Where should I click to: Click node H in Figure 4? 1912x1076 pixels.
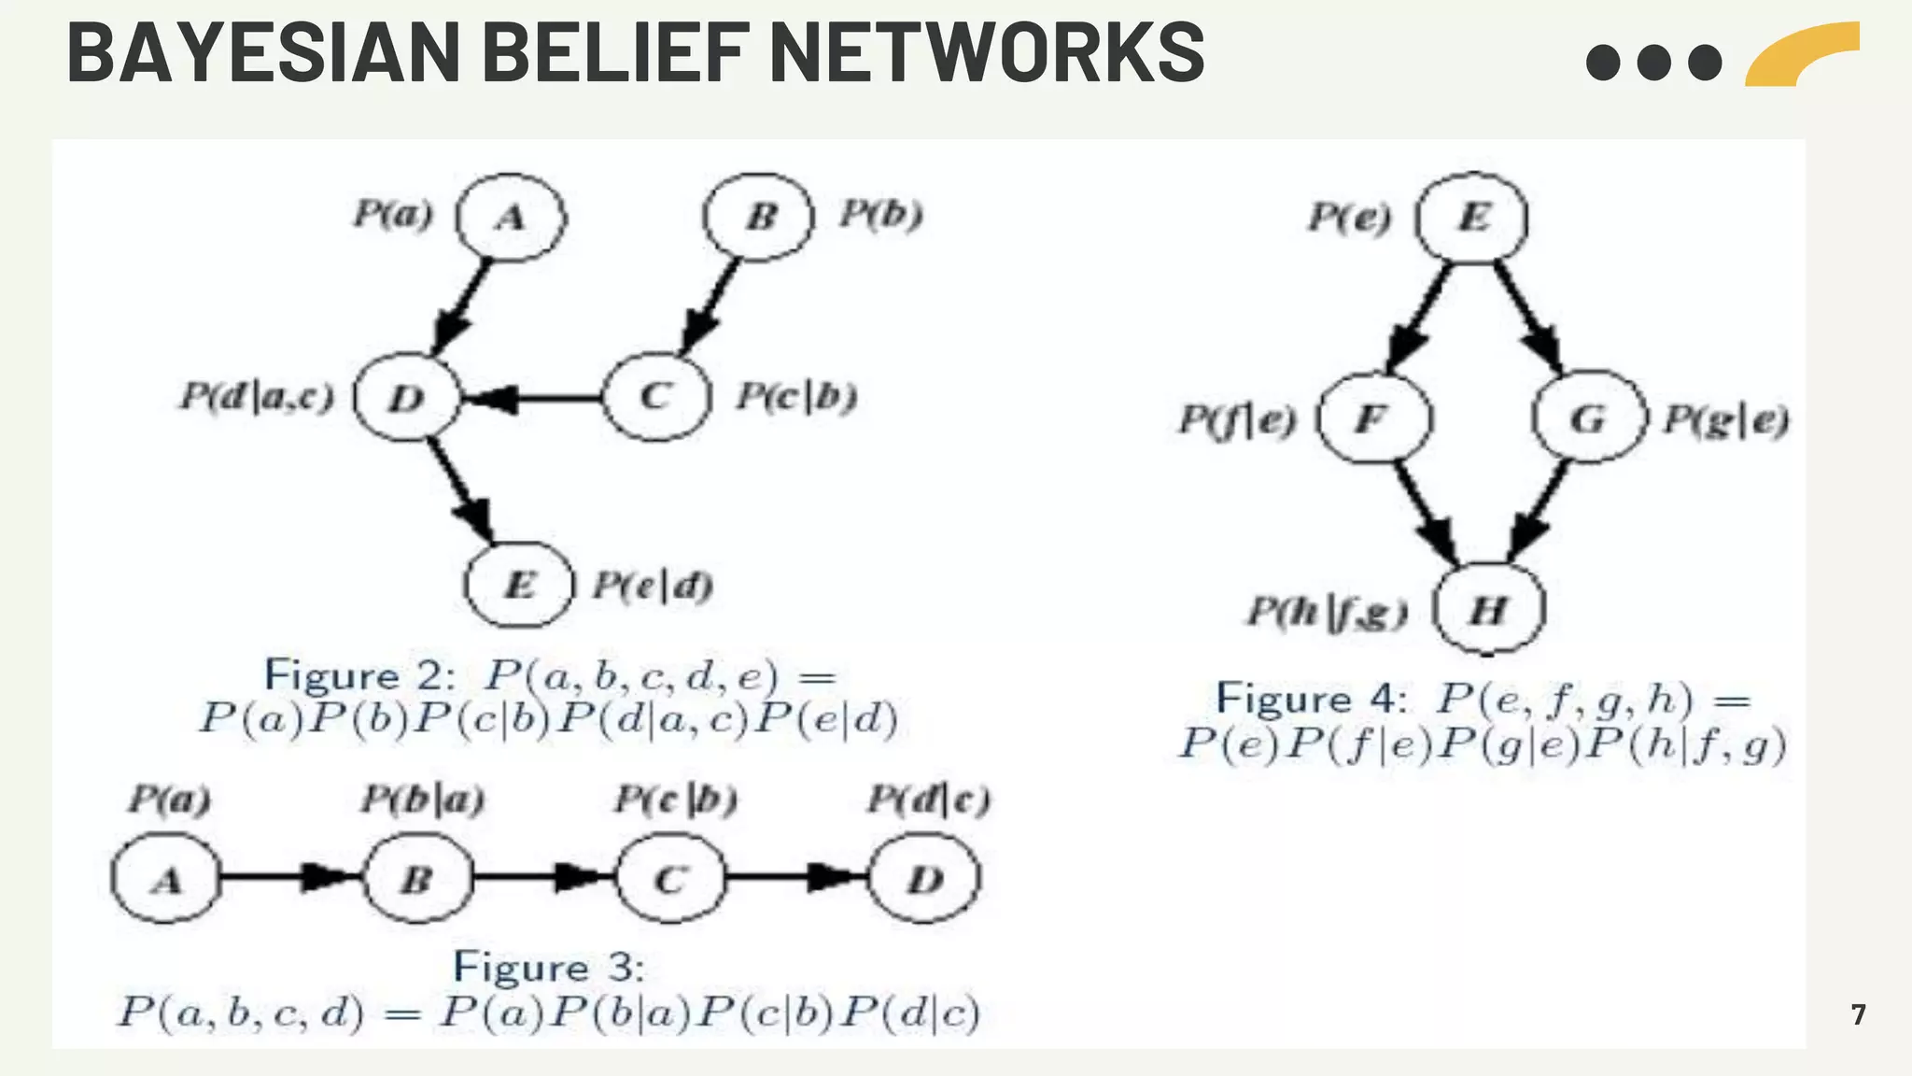(x=1488, y=609)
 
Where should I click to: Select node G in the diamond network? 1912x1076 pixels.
(x=1588, y=418)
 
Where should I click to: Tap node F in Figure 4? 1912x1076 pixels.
(x=1372, y=418)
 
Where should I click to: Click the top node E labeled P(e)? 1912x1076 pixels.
(x=1472, y=217)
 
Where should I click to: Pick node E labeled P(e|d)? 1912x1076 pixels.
(x=519, y=585)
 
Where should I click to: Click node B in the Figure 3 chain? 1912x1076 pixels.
(x=417, y=878)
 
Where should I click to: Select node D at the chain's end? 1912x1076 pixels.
(x=925, y=878)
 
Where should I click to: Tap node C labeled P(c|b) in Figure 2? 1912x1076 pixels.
(x=656, y=397)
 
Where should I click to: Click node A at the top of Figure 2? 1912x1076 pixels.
(x=511, y=217)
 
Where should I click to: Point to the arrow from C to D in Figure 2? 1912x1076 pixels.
(x=532, y=399)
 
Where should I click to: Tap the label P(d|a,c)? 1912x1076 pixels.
(x=257, y=397)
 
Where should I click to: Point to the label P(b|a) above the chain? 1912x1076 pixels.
(x=422, y=800)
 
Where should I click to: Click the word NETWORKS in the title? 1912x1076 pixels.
(x=988, y=53)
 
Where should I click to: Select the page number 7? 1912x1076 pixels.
(x=1858, y=1014)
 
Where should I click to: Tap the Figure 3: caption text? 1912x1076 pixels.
(x=549, y=967)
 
